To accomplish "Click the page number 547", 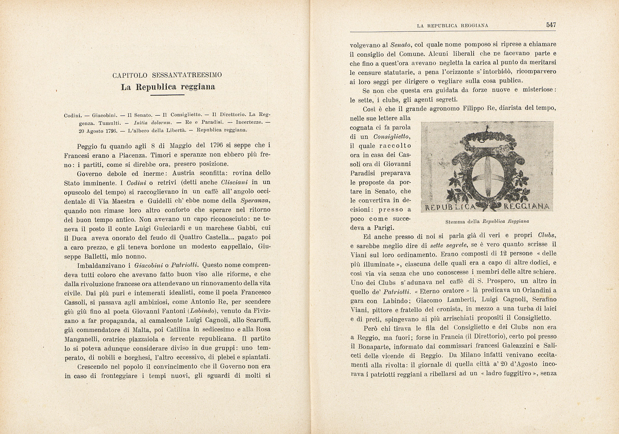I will click(551, 25).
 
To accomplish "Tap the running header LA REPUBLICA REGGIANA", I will click(452, 26).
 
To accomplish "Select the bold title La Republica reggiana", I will click(168, 87).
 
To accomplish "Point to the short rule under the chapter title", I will click(167, 95).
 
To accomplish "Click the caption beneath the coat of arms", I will click(487, 221).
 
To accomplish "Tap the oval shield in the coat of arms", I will click(487, 173).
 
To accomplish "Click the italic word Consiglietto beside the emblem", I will click(392, 136).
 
